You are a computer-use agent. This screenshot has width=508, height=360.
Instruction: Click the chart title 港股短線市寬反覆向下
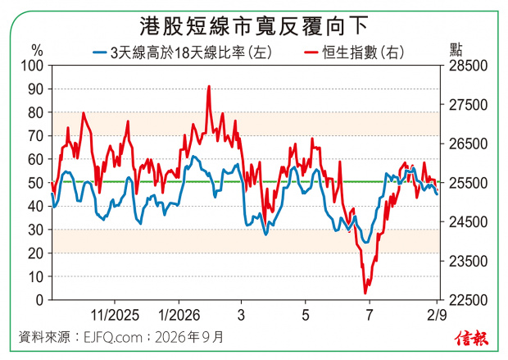[x=254, y=26]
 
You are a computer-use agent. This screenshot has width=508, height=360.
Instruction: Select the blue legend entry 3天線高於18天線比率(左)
[x=183, y=52]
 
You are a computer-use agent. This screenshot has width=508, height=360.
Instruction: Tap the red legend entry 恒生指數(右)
[x=355, y=52]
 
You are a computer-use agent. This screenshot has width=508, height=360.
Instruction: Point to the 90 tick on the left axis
[x=35, y=89]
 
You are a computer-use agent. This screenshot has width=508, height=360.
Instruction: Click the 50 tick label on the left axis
[x=35, y=183]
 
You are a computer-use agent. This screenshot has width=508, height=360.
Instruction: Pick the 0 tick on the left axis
[x=39, y=300]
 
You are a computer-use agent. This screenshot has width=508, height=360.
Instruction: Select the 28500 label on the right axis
[x=468, y=66]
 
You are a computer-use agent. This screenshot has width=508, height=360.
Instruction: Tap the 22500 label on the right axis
[x=468, y=300]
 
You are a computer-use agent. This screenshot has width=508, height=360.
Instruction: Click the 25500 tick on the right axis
[x=468, y=183]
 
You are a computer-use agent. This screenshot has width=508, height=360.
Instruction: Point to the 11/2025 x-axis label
[x=115, y=315]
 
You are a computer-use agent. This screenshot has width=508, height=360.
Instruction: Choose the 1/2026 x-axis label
[x=179, y=315]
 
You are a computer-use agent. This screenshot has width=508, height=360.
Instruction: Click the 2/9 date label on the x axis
[x=437, y=315]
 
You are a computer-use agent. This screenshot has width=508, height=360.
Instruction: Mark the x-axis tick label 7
[x=370, y=315]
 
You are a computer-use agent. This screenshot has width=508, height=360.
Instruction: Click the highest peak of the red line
[x=209, y=86]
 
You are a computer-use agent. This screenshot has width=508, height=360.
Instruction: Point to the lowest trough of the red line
[x=365, y=294]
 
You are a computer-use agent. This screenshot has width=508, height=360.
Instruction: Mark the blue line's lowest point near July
[x=366, y=242]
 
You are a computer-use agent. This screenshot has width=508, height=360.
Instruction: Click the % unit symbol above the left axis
[x=37, y=51]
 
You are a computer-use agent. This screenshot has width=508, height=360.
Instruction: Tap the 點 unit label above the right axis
[x=456, y=50]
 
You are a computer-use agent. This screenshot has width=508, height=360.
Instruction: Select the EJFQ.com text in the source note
[x=113, y=338]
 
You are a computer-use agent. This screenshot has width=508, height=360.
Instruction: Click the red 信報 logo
[x=471, y=339]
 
